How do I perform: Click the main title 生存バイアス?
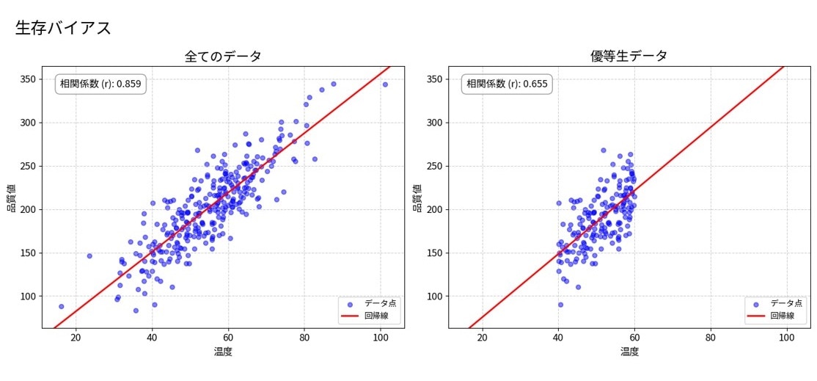[x=63, y=28]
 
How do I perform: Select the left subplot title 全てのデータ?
[x=223, y=57]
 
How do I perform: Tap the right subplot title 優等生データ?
[x=629, y=57]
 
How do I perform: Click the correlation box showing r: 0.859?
[x=100, y=84]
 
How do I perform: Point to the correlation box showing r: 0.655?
[x=507, y=84]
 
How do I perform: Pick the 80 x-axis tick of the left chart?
[x=304, y=338]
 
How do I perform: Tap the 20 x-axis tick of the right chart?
[x=482, y=338]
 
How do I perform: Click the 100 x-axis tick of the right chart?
[x=787, y=338]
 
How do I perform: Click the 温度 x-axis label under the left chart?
[x=223, y=352]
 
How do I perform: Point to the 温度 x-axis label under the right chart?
[x=629, y=352]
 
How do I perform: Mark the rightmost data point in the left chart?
[x=385, y=84]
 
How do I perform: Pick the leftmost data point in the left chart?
[x=61, y=306]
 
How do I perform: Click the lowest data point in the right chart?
[x=560, y=305]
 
